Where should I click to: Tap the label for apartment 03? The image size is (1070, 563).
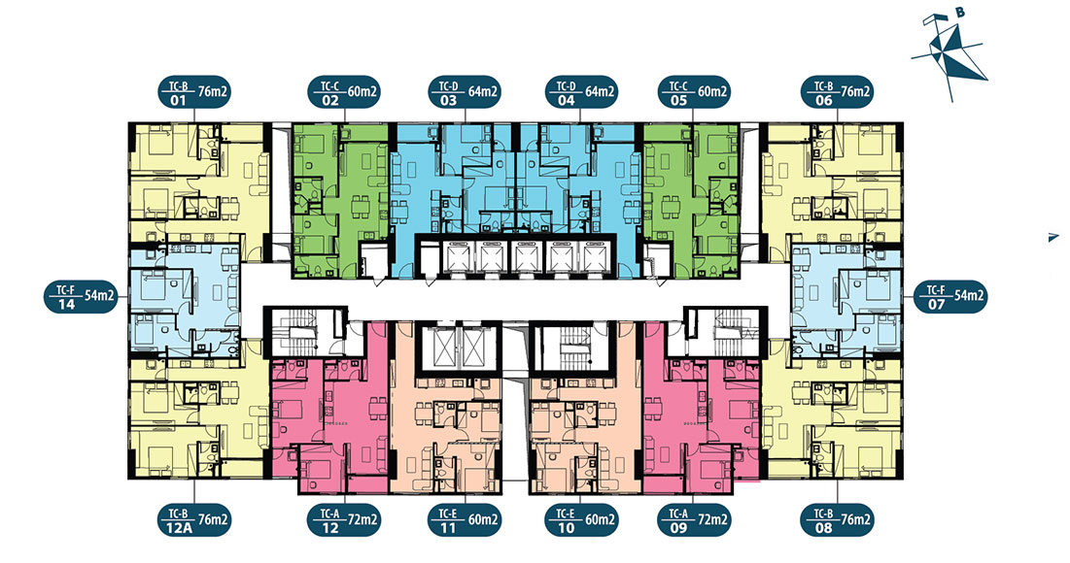pyautogui.click(x=465, y=91)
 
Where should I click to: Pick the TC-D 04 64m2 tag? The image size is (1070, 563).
pyautogui.click(x=581, y=91)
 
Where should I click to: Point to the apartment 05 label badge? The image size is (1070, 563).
pyautogui.click(x=694, y=91)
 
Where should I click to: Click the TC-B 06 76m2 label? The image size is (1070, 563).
pyautogui.click(x=838, y=91)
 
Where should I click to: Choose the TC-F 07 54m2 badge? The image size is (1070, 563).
pyautogui.click(x=950, y=296)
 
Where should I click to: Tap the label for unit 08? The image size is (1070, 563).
pyautogui.click(x=838, y=520)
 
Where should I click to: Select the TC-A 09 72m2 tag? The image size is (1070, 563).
pyautogui.click(x=693, y=520)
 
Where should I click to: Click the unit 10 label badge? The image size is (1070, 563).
pyautogui.click(x=581, y=520)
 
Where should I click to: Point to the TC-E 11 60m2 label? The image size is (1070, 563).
pyautogui.click(x=465, y=520)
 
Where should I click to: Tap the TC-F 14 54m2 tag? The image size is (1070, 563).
pyautogui.click(x=81, y=296)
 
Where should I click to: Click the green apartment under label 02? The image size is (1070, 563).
pyautogui.click(x=340, y=200)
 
